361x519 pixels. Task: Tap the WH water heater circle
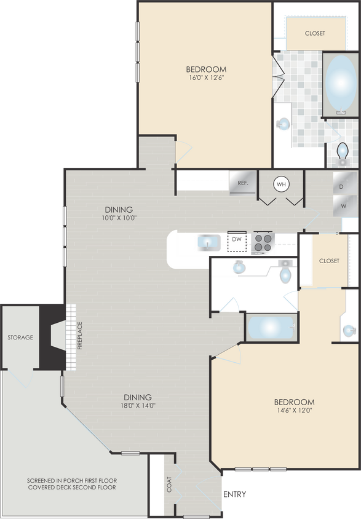point(281,184)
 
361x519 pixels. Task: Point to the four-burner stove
point(263,242)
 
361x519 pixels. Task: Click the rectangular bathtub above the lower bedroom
point(271,326)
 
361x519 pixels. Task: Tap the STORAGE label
point(20,338)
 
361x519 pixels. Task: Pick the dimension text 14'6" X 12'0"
point(294,411)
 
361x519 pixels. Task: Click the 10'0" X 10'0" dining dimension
point(119,218)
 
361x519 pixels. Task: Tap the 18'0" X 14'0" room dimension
point(137,406)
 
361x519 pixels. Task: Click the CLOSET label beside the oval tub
point(314,33)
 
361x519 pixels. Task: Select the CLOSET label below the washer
point(329,261)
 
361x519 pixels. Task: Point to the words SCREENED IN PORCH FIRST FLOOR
point(72,480)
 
